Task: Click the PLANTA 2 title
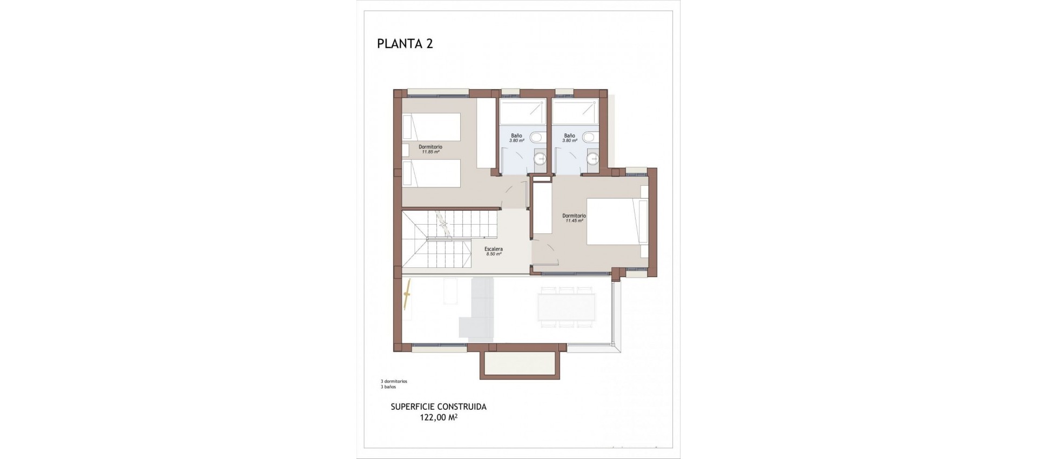pyautogui.click(x=405, y=44)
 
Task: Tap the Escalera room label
pyautogui.click(x=494, y=249)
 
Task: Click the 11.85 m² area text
pyautogui.click(x=430, y=152)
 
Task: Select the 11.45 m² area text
pyautogui.click(x=574, y=221)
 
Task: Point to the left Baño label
pyautogui.click(x=516, y=136)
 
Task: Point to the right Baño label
pyautogui.click(x=569, y=136)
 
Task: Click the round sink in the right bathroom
pyautogui.click(x=592, y=159)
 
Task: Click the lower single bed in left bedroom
pyautogui.click(x=431, y=173)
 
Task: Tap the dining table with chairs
pyautogui.click(x=566, y=307)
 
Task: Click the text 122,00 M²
pyautogui.click(x=439, y=417)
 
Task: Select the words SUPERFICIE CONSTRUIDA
pyautogui.click(x=438, y=407)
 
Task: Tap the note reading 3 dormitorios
pyautogui.click(x=394, y=381)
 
